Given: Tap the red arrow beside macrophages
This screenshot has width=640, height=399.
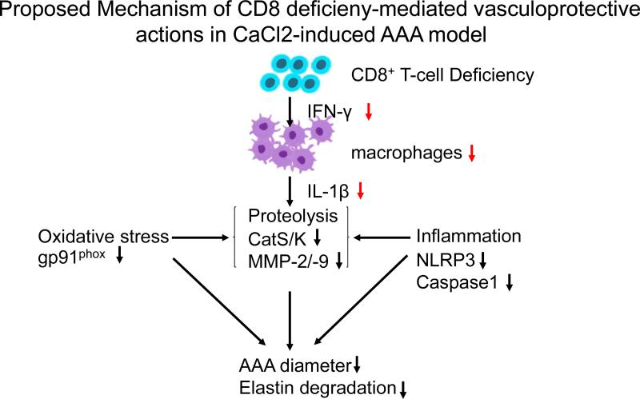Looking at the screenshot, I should coord(472,154).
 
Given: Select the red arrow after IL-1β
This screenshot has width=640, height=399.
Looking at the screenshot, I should coord(362,192).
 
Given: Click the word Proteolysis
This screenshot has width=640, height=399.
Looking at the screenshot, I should coord(286,216).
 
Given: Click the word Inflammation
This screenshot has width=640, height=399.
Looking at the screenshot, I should coord(469,236).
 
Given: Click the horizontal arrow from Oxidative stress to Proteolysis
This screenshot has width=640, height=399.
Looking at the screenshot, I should coord(196,237).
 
